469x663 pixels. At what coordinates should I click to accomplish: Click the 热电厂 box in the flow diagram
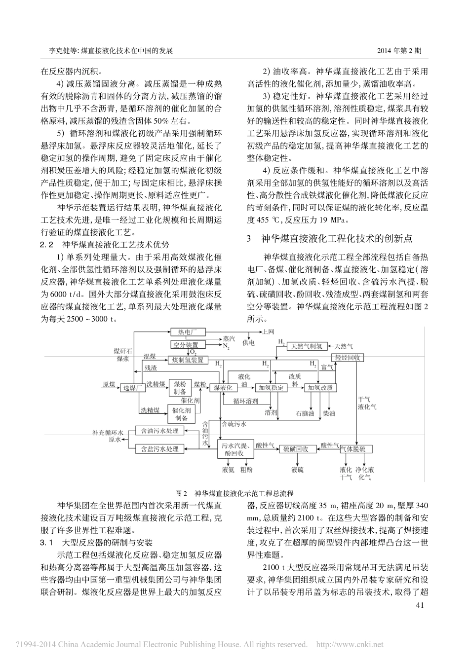(x=188, y=332)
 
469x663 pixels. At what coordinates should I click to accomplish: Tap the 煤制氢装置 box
(x=188, y=360)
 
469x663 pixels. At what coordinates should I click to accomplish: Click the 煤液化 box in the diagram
(x=223, y=388)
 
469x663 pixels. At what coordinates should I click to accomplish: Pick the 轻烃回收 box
(x=348, y=358)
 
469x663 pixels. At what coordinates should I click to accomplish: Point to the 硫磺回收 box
(x=296, y=449)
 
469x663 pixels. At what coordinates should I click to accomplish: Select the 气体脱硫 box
(x=353, y=449)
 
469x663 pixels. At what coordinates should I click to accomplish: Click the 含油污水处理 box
(x=160, y=431)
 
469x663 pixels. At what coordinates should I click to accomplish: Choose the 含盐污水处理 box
(x=160, y=449)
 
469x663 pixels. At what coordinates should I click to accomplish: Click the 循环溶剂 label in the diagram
(x=245, y=401)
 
